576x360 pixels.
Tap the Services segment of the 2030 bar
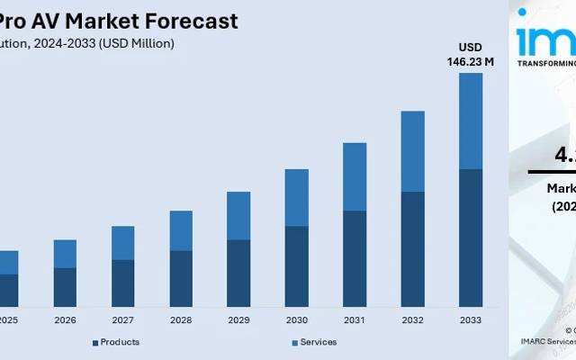coord(296,197)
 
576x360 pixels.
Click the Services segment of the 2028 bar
coord(181,230)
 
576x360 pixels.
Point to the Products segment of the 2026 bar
coord(65,287)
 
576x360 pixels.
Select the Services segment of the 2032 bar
coord(412,151)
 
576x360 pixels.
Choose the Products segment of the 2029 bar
coord(238,273)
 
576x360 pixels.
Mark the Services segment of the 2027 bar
coord(122,243)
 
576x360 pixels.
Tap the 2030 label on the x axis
coord(296,320)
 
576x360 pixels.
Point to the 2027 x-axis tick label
coord(122,320)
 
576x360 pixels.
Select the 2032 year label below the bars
coord(412,320)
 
